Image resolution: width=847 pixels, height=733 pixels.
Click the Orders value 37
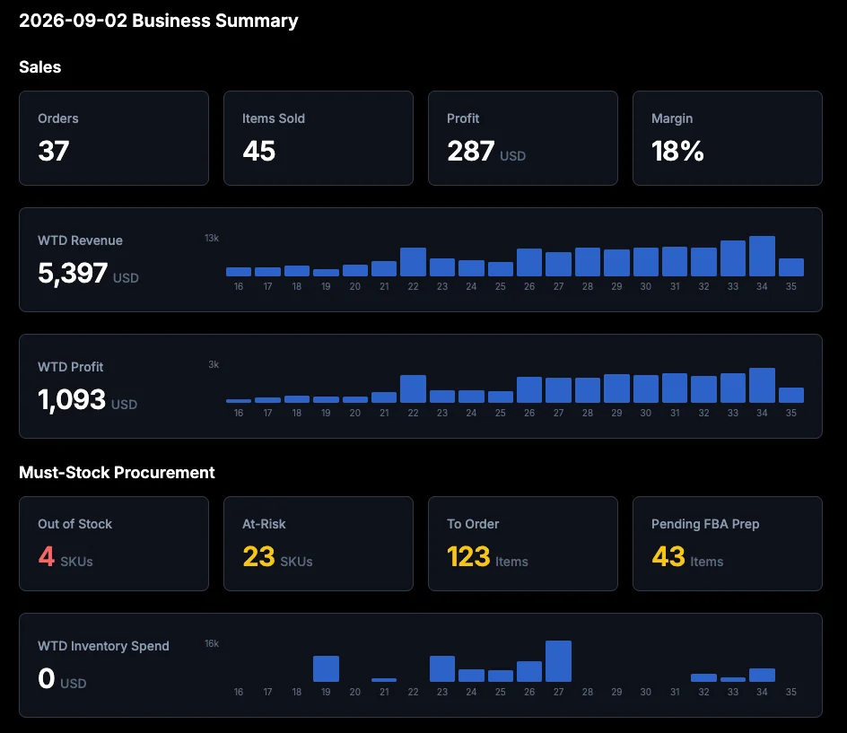(54, 151)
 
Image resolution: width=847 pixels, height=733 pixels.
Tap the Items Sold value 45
(258, 151)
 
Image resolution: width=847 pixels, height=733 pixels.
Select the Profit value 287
(470, 151)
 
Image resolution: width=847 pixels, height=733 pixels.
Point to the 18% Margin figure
(677, 151)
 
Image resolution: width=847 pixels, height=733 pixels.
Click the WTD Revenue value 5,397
(73, 273)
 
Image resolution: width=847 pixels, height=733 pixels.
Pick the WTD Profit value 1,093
(72, 400)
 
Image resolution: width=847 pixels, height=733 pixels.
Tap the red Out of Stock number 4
(47, 556)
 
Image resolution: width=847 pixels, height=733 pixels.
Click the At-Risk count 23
(258, 556)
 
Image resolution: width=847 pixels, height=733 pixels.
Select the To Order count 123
(468, 556)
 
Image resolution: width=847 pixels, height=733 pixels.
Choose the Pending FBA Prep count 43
(668, 556)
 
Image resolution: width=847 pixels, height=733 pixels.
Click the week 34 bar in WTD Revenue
(762, 256)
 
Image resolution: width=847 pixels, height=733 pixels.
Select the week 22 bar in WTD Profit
(414, 388)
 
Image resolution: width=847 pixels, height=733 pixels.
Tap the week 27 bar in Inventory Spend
(559, 661)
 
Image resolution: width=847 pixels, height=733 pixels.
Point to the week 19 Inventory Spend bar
(326, 668)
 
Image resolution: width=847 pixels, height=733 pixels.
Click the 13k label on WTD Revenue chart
(212, 239)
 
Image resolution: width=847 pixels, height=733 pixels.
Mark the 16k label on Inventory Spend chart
(212, 644)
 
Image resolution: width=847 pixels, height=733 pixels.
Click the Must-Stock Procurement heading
(117, 473)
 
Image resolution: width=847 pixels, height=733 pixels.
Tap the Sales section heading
(40, 67)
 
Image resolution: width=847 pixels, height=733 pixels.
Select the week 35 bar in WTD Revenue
(790, 267)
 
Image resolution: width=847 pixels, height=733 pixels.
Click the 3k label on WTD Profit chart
(214, 364)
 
